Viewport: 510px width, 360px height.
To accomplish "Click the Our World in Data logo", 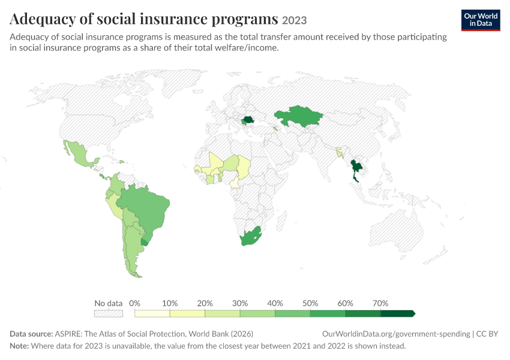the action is point(481,20).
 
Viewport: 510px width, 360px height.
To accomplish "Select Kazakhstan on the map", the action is point(298,116).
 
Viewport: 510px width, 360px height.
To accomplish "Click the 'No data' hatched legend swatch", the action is point(109,313).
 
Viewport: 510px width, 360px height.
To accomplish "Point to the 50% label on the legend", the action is point(310,304).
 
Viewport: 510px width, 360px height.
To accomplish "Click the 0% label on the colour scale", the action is point(134,304).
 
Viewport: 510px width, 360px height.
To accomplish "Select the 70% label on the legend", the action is point(380,304).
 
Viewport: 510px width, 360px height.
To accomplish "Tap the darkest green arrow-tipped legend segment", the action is point(398,313).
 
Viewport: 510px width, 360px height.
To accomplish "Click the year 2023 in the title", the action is point(295,20).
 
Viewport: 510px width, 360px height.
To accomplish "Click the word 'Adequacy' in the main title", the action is point(43,19).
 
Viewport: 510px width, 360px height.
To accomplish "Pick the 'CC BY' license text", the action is point(487,334).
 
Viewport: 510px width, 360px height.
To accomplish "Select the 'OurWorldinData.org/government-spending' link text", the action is point(396,334).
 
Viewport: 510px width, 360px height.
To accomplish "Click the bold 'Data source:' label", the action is point(31,334).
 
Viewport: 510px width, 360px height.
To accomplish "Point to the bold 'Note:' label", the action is point(19,346).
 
